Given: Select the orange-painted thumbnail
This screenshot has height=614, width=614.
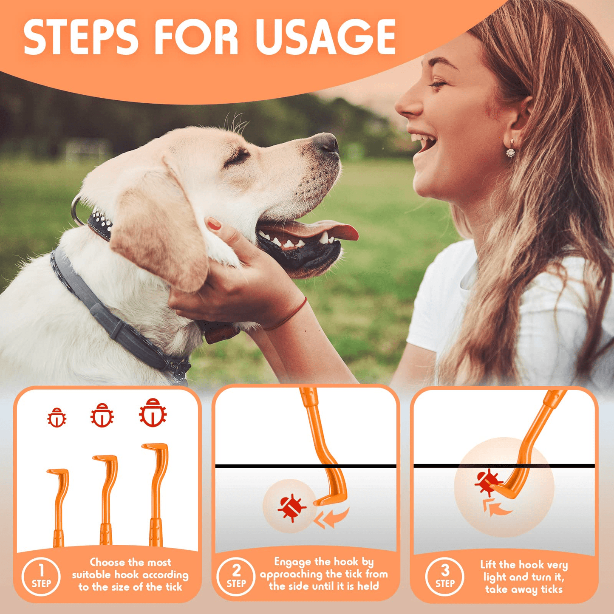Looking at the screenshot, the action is pyautogui.click(x=215, y=224).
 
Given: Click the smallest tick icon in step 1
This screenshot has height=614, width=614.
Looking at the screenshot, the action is pyautogui.click(x=57, y=417).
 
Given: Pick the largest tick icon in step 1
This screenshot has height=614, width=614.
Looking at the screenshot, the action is pyautogui.click(x=153, y=413).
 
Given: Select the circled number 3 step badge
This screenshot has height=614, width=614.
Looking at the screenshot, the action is pyautogui.click(x=445, y=577).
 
